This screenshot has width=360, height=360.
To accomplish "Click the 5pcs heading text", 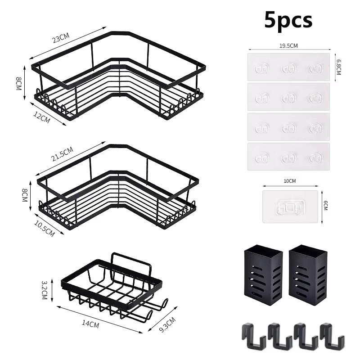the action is point(288,20).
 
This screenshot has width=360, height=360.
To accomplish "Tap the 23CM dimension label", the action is point(61,38).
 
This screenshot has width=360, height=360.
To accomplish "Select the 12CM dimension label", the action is point(42,117).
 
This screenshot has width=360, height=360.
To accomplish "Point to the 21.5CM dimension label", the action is point(62,154).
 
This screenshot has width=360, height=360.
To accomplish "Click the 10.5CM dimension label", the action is point(45,229).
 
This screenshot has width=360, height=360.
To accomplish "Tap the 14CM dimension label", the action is point(90,324).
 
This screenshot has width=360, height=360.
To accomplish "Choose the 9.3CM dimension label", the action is point(167,324).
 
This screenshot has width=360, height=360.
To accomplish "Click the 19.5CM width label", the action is point(288,46).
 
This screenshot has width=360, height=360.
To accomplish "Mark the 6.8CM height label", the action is point(338,67).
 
